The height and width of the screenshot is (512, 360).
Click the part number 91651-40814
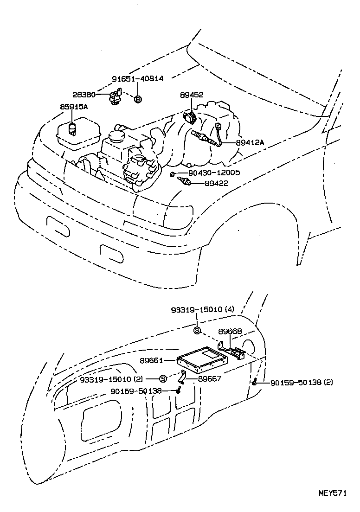click(137, 79)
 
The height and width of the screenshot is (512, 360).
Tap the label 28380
click(85, 94)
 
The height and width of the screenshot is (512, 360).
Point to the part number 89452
click(191, 95)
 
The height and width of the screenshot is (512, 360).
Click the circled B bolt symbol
click(138, 99)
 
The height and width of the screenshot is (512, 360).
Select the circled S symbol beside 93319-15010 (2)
click(163, 379)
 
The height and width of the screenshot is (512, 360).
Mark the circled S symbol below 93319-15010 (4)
click(197, 330)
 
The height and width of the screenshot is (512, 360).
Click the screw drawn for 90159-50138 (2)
click(255, 382)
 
